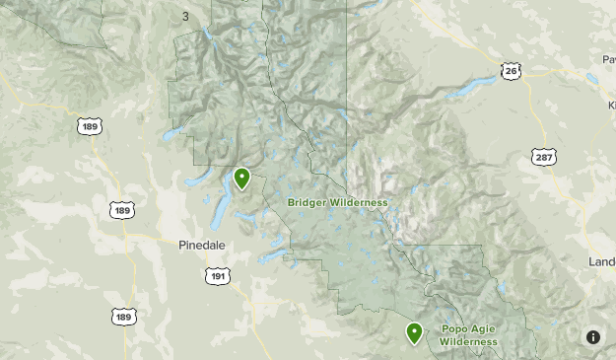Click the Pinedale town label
click(x=203, y=245)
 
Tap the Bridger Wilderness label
click(x=337, y=202)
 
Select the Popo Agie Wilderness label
click(x=469, y=335)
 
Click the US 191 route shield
click(x=217, y=275)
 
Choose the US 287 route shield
click(x=544, y=156)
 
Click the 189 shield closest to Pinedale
click(x=122, y=210)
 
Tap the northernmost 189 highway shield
click(x=89, y=127)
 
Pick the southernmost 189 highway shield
click(x=122, y=316)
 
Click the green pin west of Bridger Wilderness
click(x=241, y=179)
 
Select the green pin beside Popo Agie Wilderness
click(x=415, y=332)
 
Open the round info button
click(x=592, y=336)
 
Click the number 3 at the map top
click(x=185, y=16)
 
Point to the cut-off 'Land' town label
click(x=601, y=261)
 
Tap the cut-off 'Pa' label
click(x=608, y=58)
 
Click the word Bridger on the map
click(x=309, y=202)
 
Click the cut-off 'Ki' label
click(x=610, y=103)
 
